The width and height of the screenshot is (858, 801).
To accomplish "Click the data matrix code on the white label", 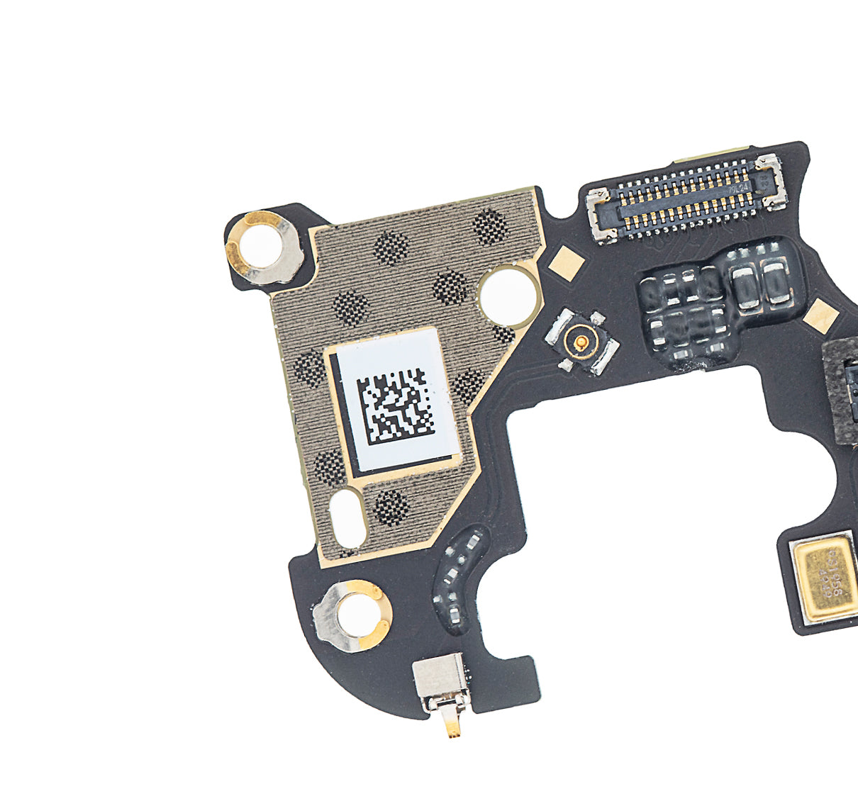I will [396, 403].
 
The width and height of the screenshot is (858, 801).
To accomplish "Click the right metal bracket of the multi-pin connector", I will [771, 180].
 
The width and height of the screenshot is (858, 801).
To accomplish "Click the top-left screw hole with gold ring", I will [261, 248].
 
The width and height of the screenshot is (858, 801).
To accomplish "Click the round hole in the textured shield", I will [507, 297].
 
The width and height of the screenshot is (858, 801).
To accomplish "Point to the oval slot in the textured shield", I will [348, 517].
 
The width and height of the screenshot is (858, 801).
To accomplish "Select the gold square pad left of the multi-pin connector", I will [567, 262].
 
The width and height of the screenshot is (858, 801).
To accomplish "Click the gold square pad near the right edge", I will [820, 316].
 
